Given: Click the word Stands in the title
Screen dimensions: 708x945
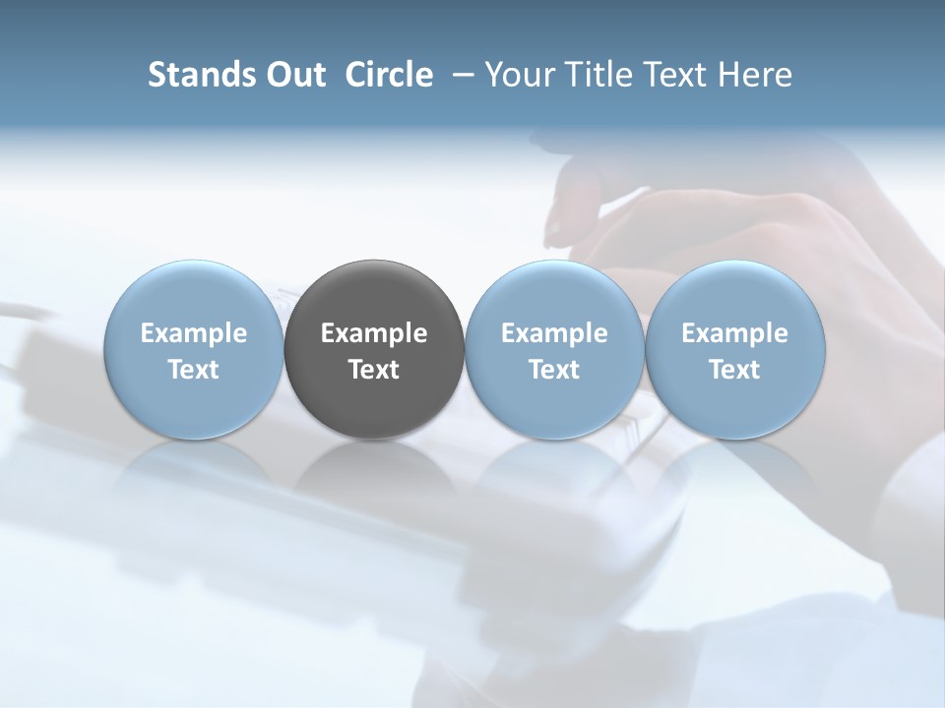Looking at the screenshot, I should click(200, 75).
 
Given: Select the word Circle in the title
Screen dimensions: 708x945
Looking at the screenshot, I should click(389, 75).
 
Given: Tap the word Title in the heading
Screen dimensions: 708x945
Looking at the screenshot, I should click(602, 75).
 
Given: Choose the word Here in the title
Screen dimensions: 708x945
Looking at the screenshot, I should click(756, 75).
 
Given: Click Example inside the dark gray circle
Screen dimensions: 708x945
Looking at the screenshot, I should click(374, 333).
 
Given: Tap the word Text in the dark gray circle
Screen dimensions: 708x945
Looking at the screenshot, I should click(374, 370).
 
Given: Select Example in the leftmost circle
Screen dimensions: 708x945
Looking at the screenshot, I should click(194, 333).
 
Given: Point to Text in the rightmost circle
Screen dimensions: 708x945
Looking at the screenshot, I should click(734, 370).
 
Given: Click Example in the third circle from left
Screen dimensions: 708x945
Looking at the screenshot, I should click(554, 333).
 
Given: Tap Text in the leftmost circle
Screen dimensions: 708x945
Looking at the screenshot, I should click(194, 370).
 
